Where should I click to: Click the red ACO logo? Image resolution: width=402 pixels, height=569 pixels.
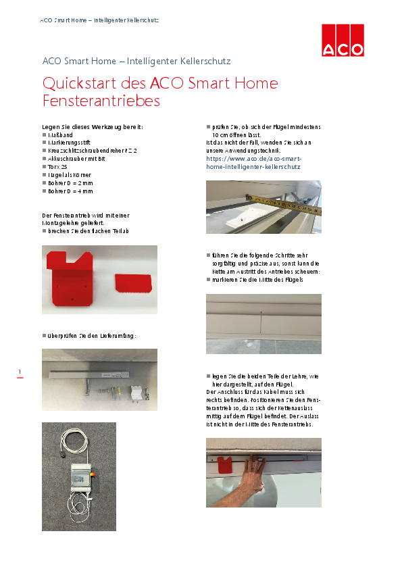coord(343,40)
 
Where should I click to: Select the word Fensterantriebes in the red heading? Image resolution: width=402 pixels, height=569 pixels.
coord(101,101)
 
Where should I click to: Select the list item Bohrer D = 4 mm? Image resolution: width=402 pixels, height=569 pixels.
coord(70,191)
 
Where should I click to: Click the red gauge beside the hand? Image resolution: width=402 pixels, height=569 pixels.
coord(225,466)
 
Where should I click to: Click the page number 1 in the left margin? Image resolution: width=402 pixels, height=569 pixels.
coord(20,372)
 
